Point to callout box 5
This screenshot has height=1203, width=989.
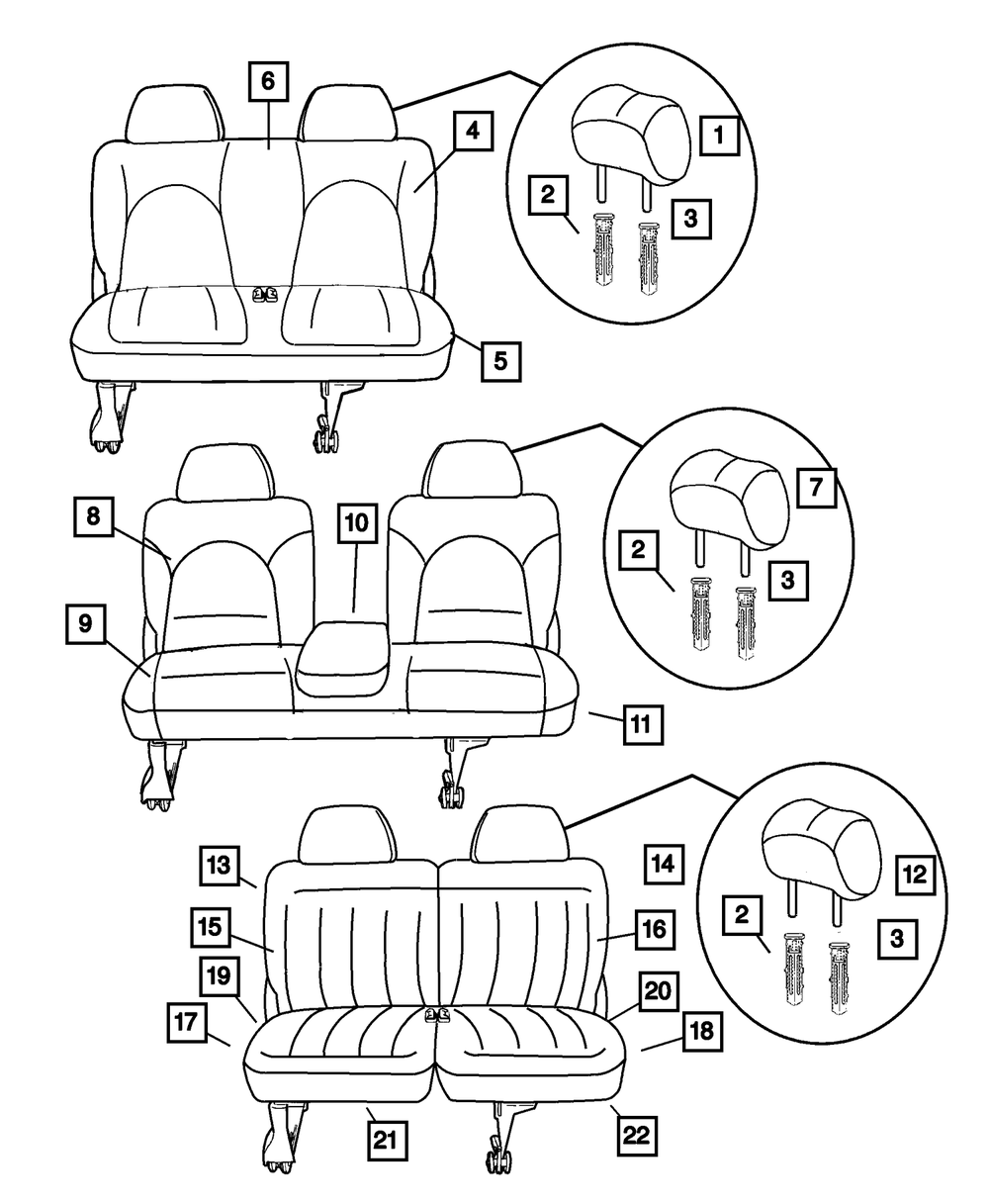[x=501, y=360]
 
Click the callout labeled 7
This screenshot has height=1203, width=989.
[x=813, y=488]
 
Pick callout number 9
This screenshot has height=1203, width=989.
[x=86, y=623]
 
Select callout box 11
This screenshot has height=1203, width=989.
[x=641, y=724]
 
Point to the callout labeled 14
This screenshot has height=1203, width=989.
[x=663, y=863]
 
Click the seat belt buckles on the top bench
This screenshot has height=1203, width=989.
[x=264, y=294]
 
